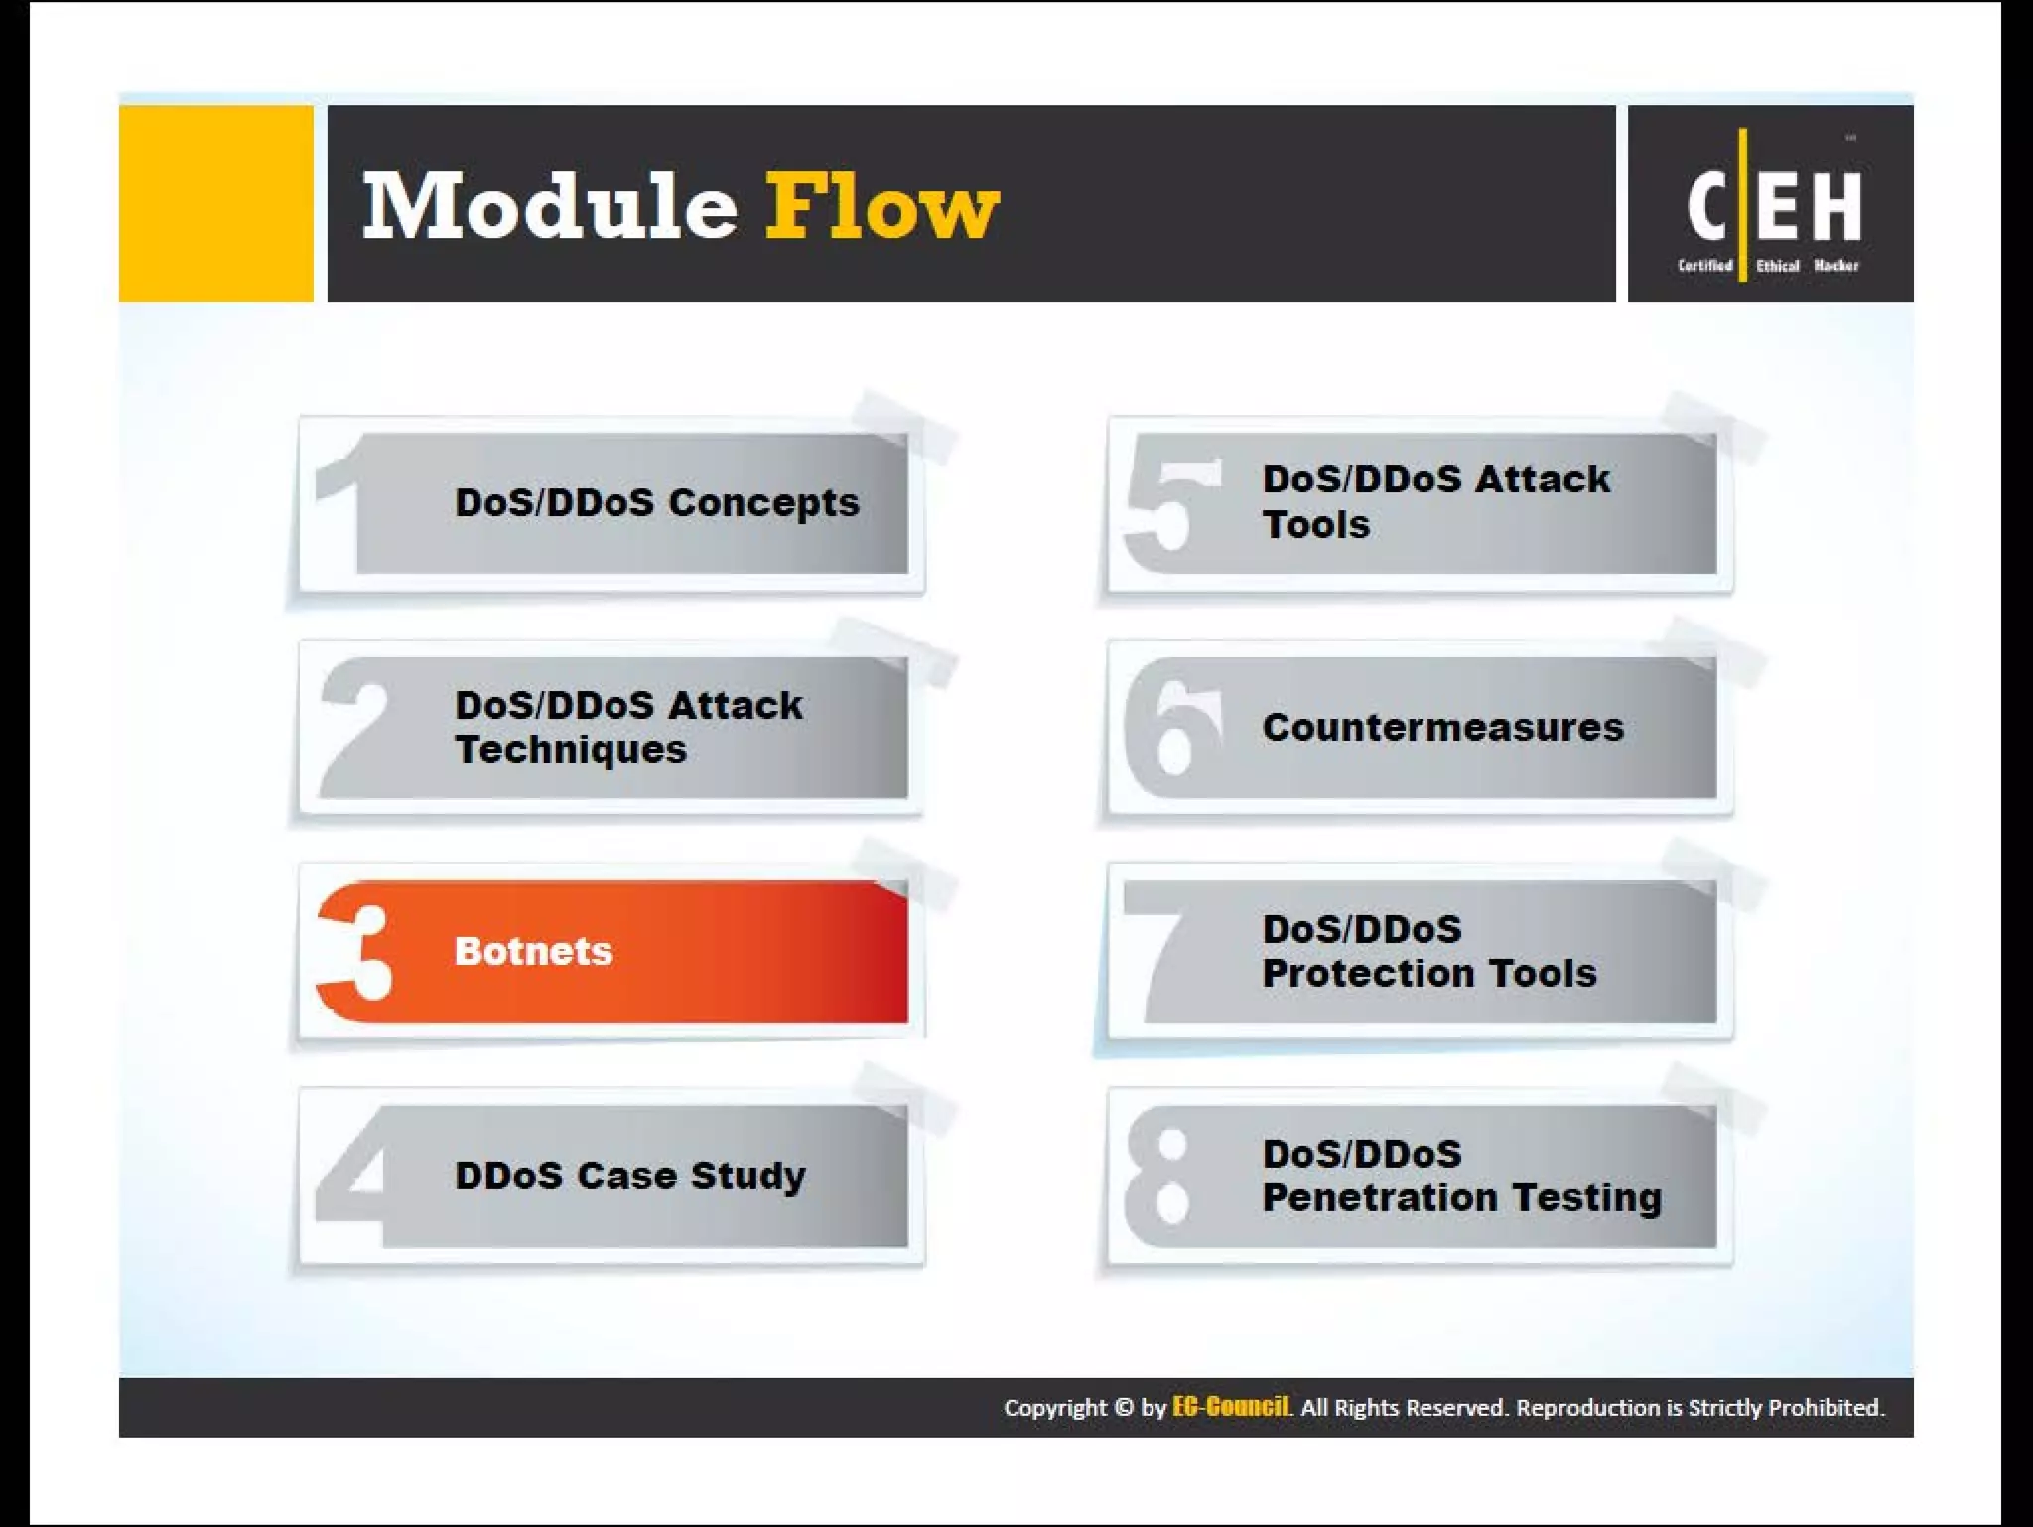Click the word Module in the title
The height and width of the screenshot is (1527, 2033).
pyautogui.click(x=549, y=206)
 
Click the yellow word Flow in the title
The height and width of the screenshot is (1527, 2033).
pyautogui.click(x=881, y=206)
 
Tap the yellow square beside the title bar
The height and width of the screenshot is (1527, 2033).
pyautogui.click(x=215, y=203)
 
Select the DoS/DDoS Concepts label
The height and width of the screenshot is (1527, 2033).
pyautogui.click(x=656, y=502)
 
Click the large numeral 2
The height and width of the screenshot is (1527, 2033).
pyautogui.click(x=355, y=727)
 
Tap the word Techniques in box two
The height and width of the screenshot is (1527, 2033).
pyautogui.click(x=571, y=750)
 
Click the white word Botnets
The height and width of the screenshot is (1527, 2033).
pyautogui.click(x=533, y=951)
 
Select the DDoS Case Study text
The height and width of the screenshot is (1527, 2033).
pyautogui.click(x=629, y=1176)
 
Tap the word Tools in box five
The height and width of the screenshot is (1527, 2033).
pyautogui.click(x=1315, y=525)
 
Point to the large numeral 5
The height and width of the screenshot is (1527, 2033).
pyautogui.click(x=1171, y=516)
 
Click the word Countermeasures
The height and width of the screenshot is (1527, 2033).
pyautogui.click(x=1442, y=727)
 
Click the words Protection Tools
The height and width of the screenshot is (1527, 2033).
pyautogui.click(x=1429, y=974)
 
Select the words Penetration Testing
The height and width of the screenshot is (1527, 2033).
pyautogui.click(x=1461, y=1198)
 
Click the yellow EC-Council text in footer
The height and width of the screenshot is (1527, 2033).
pyautogui.click(x=1231, y=1407)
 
